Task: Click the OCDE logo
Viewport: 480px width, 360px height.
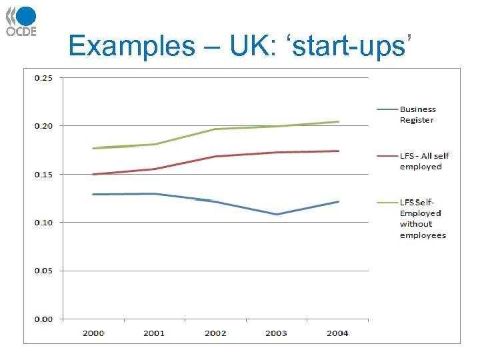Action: [x=21, y=21]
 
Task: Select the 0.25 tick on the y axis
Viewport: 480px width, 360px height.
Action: [x=44, y=78]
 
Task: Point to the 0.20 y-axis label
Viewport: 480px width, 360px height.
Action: [x=44, y=126]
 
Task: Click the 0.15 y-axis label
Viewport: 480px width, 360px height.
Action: [x=44, y=175]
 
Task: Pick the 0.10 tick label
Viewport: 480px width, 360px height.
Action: [x=44, y=223]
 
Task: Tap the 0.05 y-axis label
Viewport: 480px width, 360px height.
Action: [x=44, y=271]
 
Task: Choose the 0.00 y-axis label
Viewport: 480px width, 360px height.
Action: [x=44, y=319]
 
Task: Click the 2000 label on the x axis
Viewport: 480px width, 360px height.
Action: [x=93, y=333]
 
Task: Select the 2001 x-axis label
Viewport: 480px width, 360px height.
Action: [x=154, y=333]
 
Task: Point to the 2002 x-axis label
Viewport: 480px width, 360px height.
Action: [x=215, y=333]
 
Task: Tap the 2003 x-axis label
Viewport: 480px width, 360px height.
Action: [x=277, y=333]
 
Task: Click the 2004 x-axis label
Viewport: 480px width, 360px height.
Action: [x=337, y=333]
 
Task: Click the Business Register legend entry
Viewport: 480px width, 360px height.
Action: [x=417, y=115]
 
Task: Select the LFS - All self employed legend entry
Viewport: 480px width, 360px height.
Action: [x=424, y=161]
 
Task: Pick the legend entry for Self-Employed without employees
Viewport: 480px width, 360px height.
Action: [x=423, y=219]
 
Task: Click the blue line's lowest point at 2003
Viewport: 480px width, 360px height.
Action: [x=277, y=214]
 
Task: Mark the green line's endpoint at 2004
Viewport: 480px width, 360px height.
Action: [x=338, y=122]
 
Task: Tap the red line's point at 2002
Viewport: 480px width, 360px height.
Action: [x=215, y=156]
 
